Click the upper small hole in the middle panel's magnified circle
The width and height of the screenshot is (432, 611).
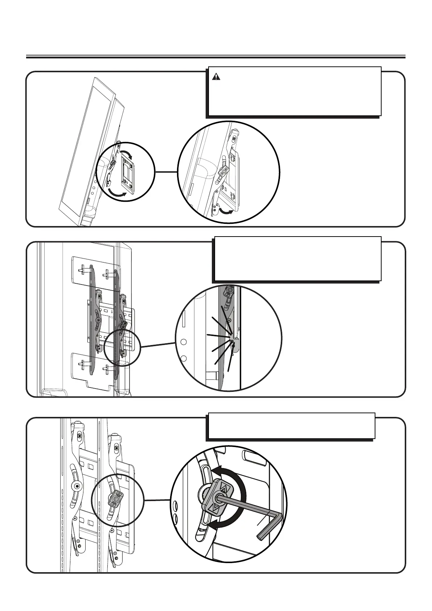184,342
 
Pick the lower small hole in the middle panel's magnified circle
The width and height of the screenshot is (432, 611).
184,358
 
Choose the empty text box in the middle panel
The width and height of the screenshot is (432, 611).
297,258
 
